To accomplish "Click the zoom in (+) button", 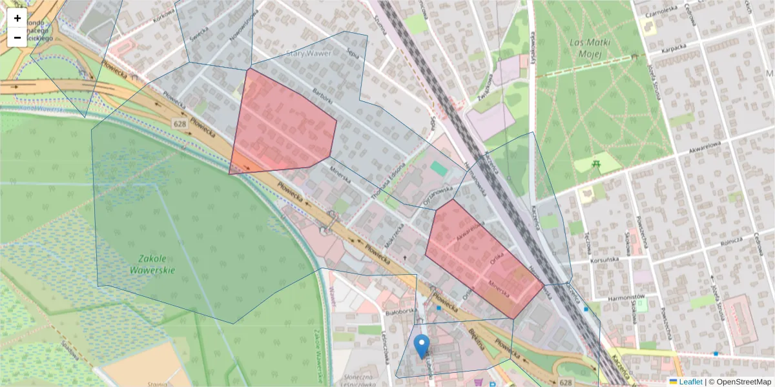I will (x=17, y=18).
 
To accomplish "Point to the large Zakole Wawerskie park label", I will (x=152, y=264).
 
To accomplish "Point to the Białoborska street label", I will (x=398, y=311).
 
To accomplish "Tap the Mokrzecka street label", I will (x=395, y=238).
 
